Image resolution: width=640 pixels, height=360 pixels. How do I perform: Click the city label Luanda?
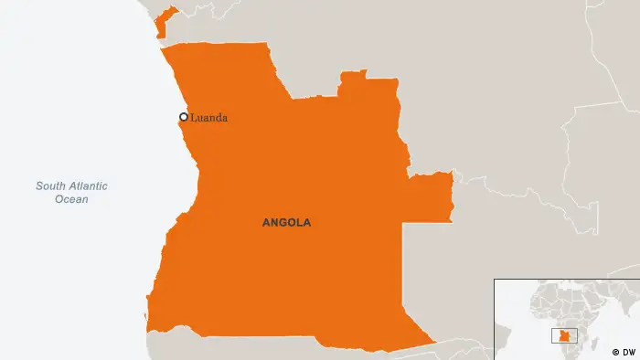[x=208, y=118]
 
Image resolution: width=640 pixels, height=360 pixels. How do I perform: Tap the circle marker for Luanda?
[x=184, y=117]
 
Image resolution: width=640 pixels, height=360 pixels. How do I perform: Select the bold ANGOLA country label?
[x=286, y=222]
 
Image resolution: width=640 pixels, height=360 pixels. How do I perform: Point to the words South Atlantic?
[x=71, y=186]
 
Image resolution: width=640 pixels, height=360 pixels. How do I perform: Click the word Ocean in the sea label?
[x=71, y=199]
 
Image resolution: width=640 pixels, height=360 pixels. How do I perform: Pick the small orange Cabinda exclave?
[x=162, y=24]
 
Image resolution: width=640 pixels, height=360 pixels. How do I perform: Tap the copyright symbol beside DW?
[x=615, y=351]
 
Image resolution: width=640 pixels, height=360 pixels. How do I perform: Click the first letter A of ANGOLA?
[x=266, y=222]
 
